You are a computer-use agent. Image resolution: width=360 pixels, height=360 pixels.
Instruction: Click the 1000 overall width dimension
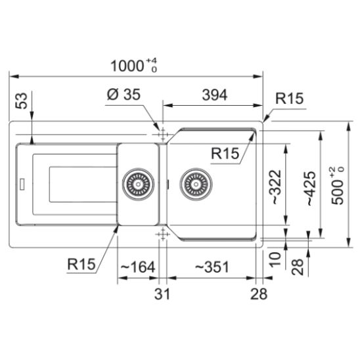[x=134, y=66]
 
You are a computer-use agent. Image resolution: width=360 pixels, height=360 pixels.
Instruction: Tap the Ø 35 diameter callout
[x=124, y=94]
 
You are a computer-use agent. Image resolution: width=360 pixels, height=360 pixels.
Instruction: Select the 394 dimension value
[x=215, y=95]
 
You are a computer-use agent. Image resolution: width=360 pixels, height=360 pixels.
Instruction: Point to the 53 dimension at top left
[x=22, y=101]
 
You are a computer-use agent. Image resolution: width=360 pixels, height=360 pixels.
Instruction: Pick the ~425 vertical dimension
[x=311, y=189]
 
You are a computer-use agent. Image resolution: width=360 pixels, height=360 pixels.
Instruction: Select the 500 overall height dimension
[x=338, y=185]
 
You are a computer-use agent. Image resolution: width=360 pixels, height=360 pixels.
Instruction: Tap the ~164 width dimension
[x=138, y=267]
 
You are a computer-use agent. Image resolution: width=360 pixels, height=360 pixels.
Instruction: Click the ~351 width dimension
[x=212, y=267]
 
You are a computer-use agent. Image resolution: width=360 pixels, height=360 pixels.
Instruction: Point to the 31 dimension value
[x=162, y=294]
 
